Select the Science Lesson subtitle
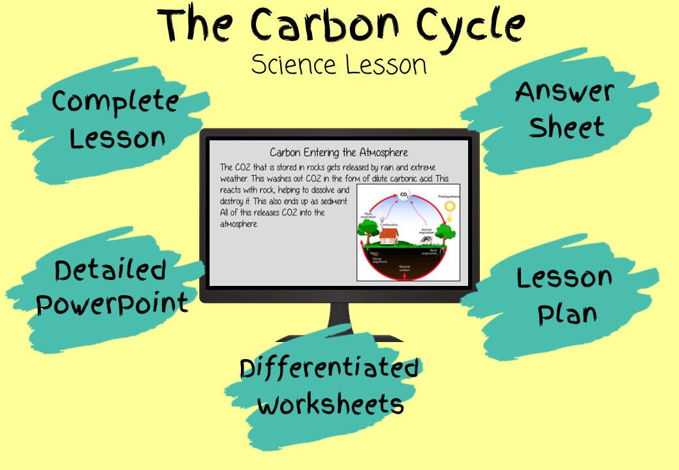click(x=339, y=65)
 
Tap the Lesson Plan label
click(x=564, y=295)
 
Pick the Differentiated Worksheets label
click(x=330, y=386)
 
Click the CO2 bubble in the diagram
click(x=404, y=195)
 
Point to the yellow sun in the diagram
click(x=449, y=207)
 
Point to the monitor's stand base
click(x=339, y=336)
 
